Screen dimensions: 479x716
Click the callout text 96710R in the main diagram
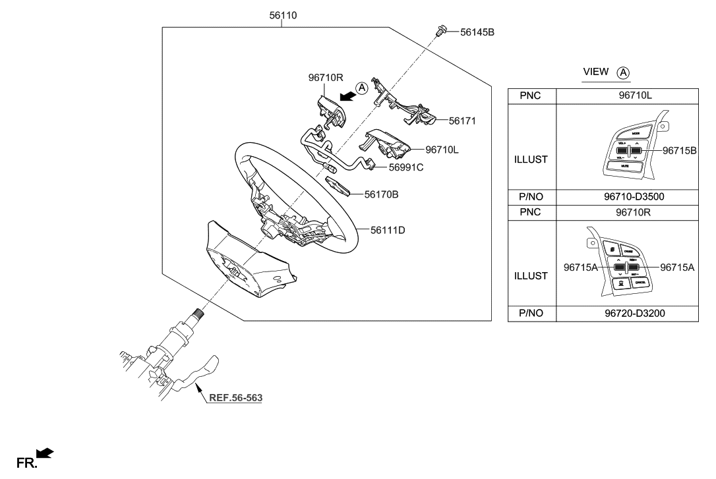(x=325, y=77)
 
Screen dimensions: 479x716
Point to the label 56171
(x=462, y=121)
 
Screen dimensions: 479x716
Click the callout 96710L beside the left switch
(x=442, y=150)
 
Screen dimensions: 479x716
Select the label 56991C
(x=405, y=167)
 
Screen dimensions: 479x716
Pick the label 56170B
(x=382, y=194)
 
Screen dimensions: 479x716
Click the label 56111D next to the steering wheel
(x=388, y=230)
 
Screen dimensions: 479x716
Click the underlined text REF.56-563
(x=235, y=398)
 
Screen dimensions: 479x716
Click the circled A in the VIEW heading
(x=624, y=72)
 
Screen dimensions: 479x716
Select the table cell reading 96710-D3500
(x=626, y=197)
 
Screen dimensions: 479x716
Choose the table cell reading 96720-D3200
(x=626, y=314)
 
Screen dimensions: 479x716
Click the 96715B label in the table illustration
(x=680, y=150)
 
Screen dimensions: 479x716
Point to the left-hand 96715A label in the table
(x=582, y=267)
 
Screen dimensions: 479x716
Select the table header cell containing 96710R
(x=626, y=212)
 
